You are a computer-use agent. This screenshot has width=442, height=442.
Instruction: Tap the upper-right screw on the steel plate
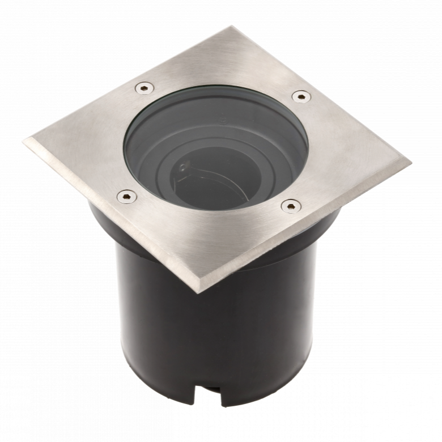[301, 96]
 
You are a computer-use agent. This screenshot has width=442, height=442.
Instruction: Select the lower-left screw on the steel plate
[126, 197]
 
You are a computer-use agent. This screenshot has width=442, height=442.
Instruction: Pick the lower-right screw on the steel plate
[290, 206]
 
